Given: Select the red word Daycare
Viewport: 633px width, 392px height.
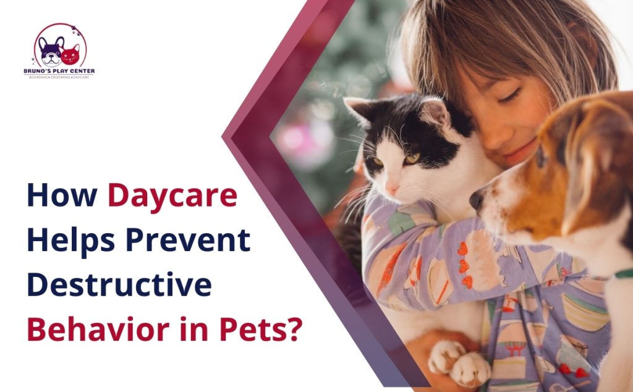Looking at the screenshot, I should click(172, 196).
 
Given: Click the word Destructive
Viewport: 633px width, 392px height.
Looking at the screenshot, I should click(119, 284).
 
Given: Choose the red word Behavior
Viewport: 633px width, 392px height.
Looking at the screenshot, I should click(95, 328).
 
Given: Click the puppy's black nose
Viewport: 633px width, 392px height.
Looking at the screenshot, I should click(477, 199).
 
